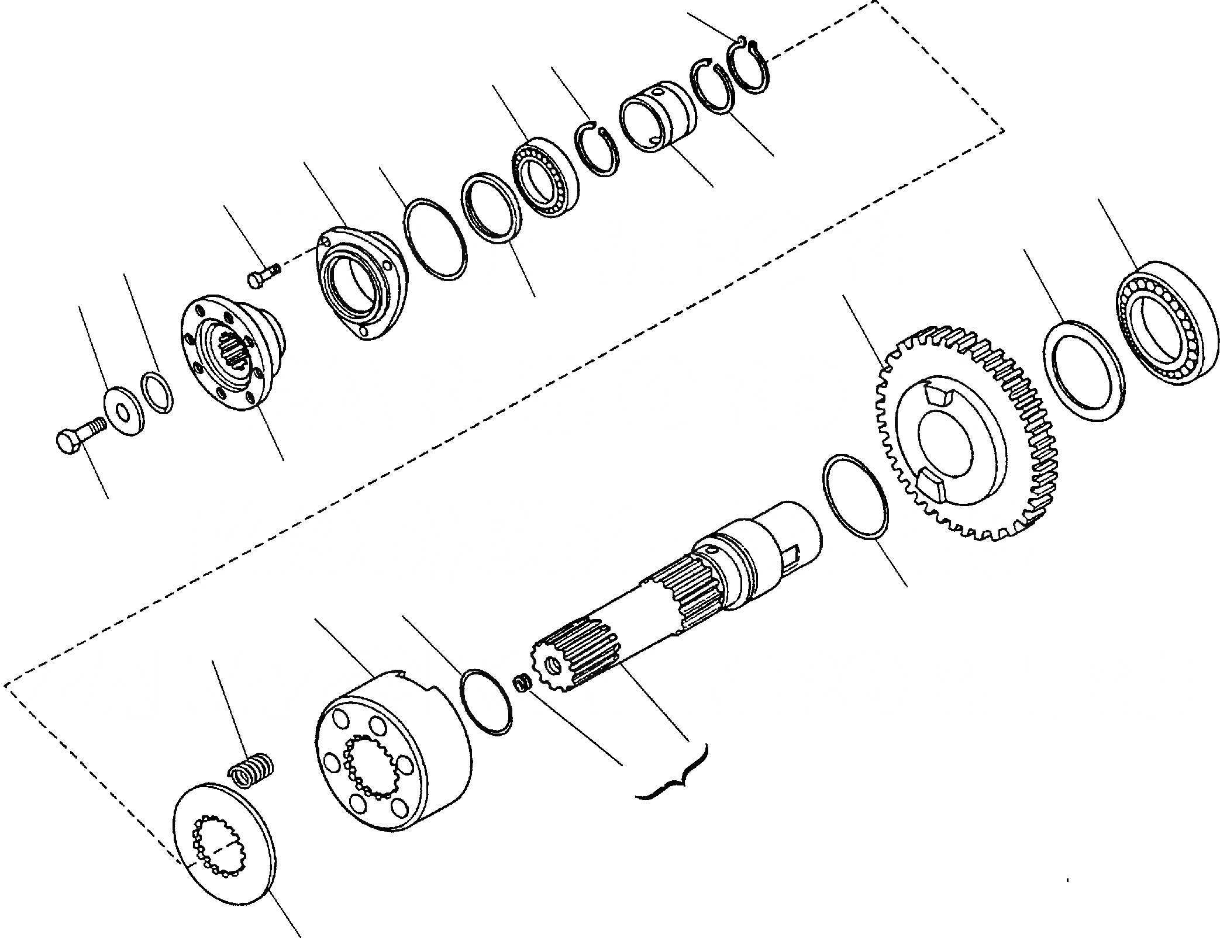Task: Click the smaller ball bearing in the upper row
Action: [x=545, y=178]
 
